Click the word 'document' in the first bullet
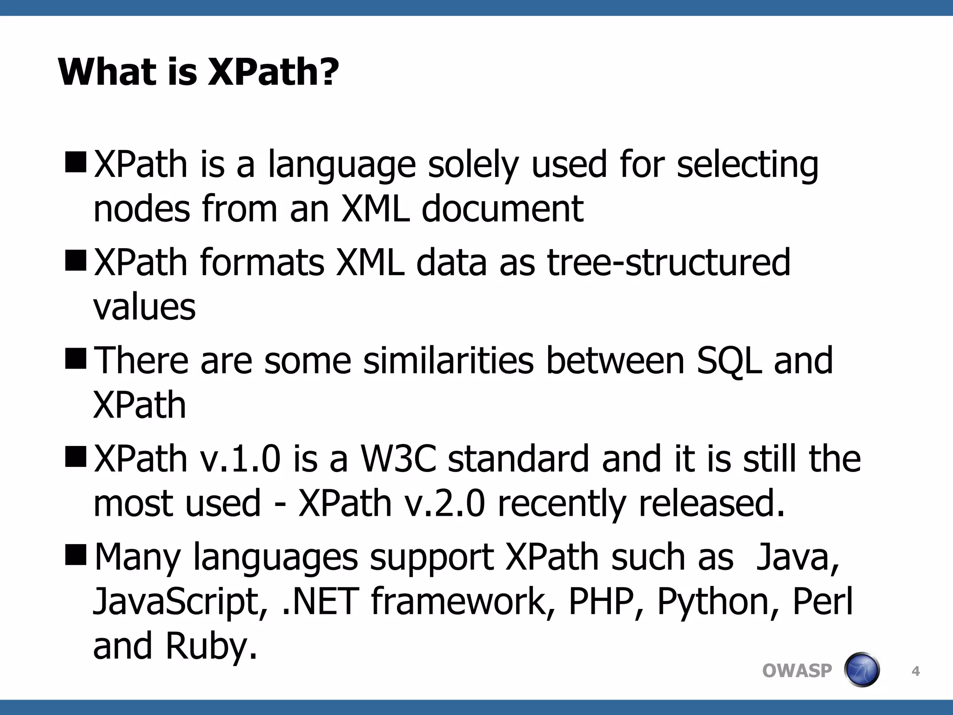point(502,209)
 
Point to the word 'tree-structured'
point(668,263)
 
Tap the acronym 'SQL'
point(729,362)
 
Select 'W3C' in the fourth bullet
point(398,459)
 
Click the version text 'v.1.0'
point(241,459)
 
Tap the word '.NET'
point(321,601)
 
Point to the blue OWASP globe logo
point(862,670)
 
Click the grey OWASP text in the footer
point(797,671)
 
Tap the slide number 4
point(915,671)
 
